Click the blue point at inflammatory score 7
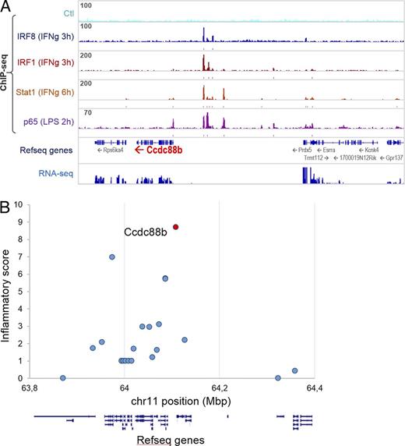[112, 257]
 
